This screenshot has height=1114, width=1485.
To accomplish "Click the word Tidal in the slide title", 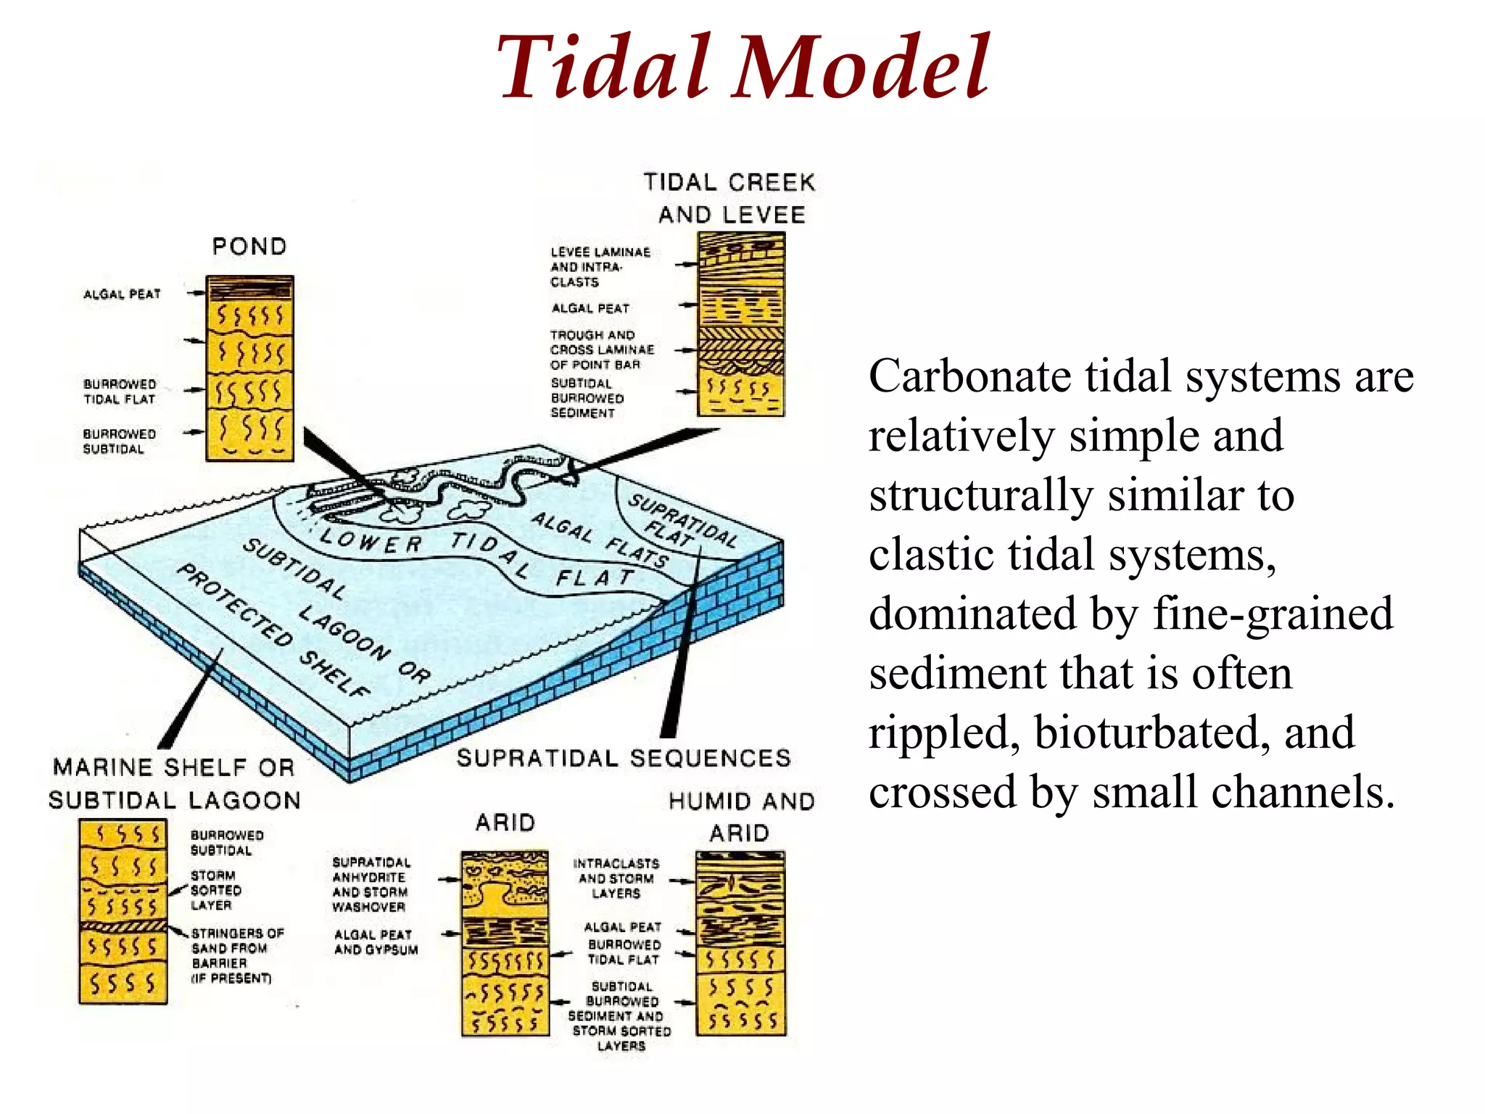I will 602,67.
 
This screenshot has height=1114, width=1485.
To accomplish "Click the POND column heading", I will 249,247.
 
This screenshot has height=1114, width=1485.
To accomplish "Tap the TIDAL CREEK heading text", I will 729,182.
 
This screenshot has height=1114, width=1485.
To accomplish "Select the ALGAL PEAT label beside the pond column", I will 122,294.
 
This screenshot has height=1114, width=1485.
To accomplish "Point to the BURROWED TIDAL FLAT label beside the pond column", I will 120,392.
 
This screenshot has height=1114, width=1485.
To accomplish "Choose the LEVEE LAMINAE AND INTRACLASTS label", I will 599,267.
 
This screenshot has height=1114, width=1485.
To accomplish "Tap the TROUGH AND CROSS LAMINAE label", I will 601,350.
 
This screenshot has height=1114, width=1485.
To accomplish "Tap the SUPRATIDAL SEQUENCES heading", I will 624,758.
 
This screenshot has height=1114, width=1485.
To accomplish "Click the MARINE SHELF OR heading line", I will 174,767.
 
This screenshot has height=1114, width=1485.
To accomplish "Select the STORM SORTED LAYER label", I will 215,890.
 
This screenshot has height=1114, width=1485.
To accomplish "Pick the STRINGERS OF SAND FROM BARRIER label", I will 236,955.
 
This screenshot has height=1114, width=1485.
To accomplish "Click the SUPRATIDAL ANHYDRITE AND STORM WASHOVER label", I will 371,884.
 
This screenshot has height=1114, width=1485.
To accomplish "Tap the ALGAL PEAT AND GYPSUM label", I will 376,942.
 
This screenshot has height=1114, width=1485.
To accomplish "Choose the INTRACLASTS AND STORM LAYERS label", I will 616,878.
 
